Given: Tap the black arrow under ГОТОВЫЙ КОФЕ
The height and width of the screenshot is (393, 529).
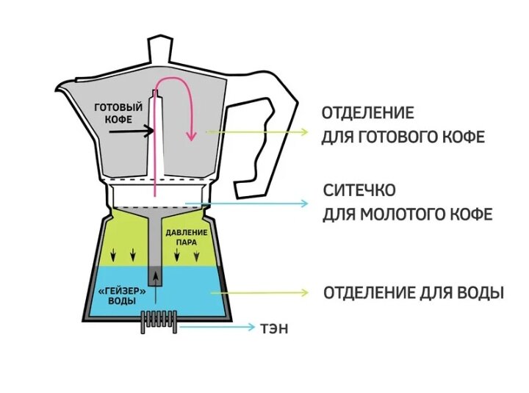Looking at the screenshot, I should click(x=131, y=131).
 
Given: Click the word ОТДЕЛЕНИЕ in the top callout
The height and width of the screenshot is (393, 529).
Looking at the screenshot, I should click(x=367, y=113).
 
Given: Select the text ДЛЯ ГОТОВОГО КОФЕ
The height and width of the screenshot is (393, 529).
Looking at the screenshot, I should click(x=403, y=137).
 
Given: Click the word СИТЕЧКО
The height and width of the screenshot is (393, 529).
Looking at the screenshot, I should click(x=359, y=190).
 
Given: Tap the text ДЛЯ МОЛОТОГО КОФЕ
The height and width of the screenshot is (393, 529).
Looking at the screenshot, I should click(x=407, y=214).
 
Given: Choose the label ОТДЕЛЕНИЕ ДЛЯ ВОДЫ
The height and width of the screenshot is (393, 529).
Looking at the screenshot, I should click(x=413, y=292).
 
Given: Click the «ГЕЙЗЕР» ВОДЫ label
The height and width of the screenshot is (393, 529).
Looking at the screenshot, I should click(x=117, y=295).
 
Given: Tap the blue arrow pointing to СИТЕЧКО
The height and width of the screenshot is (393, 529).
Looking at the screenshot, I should click(x=250, y=203).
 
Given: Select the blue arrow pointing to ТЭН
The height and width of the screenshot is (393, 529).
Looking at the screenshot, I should click(x=214, y=328).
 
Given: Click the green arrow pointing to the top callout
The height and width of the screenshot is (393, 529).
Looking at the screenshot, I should click(x=257, y=131).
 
